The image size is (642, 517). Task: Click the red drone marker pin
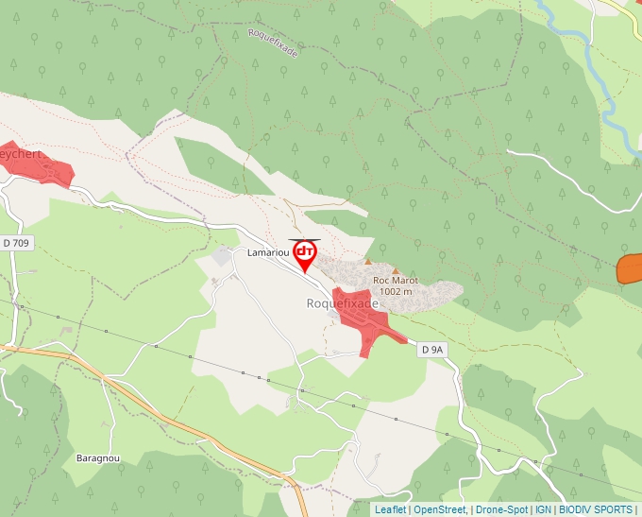[305, 254]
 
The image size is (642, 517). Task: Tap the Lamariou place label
[266, 253]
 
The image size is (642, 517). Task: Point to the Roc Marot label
[396, 281]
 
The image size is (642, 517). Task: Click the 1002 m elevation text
[395, 292]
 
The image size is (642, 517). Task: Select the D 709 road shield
[16, 243]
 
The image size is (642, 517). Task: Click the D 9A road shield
[432, 350]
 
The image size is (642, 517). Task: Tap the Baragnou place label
[96, 457]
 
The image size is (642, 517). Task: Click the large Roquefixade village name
[342, 304]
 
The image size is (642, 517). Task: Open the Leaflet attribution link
[390, 509]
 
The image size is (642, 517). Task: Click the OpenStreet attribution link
[440, 509]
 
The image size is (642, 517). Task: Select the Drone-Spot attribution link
[500, 509]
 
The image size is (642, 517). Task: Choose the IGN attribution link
[543, 509]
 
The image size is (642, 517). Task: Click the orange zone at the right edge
[631, 268]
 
